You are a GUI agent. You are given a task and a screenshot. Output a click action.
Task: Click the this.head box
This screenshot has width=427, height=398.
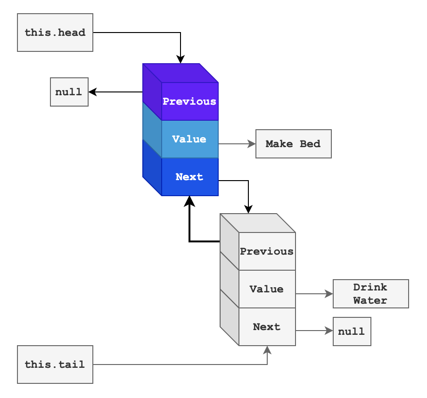tap(55, 33)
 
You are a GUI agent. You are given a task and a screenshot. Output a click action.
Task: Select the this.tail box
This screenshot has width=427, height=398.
tap(55, 365)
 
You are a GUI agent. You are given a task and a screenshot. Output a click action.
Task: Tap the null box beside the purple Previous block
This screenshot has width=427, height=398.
tap(69, 92)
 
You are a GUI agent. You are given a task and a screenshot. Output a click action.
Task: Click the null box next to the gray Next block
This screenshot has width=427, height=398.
tap(352, 331)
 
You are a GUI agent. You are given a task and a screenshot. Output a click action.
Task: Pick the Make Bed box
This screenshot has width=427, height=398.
tap(293, 144)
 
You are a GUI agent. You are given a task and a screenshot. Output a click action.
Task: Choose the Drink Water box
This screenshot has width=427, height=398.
tap(370, 294)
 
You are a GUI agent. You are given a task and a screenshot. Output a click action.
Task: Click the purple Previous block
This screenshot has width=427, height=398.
tap(189, 101)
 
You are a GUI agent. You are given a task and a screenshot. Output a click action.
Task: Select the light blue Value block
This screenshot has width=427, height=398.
tap(189, 139)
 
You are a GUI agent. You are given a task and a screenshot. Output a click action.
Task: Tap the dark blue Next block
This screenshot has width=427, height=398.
tap(189, 177)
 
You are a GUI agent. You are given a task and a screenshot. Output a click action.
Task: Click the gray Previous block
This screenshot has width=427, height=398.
tap(267, 251)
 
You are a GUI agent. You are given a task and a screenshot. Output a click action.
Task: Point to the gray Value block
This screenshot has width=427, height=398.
tap(267, 289)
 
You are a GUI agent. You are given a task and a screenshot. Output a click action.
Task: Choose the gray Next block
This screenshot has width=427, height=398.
tap(267, 327)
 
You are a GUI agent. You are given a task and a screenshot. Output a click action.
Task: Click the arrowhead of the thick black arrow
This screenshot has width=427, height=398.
tap(189, 201)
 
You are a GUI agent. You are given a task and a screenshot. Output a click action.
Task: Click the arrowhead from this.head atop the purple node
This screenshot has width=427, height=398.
tap(181, 59)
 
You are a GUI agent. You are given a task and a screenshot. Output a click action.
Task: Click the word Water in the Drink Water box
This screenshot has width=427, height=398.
tap(370, 300)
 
